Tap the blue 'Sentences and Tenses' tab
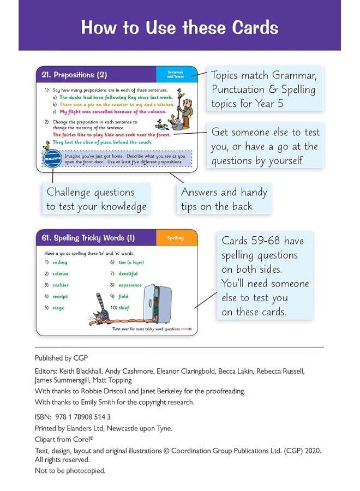pos(175,75)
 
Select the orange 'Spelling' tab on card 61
pos(175,238)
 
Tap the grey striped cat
pos(100,313)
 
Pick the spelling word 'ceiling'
pos(60,262)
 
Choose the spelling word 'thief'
pos(124,308)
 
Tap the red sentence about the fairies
pos(111,134)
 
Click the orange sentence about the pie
pos(117,104)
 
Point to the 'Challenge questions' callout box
pos(96,199)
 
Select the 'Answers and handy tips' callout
pos(224,199)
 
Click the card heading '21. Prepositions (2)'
pos(75,75)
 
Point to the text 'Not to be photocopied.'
pos(70,470)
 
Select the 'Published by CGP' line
pos(61,358)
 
